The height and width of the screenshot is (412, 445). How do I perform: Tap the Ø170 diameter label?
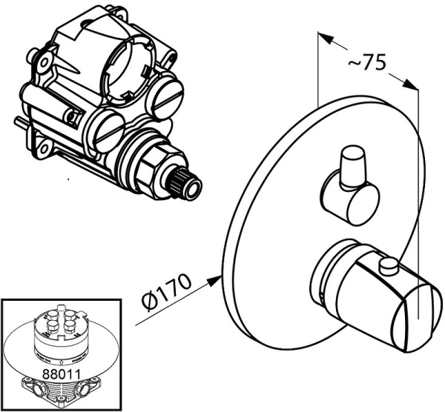pos(166,292)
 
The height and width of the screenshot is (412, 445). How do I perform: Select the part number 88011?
pos(62,374)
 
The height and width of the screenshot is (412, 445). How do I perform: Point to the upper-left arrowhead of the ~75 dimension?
pos(326,38)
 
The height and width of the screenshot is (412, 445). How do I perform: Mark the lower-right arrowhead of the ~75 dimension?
pos(411,84)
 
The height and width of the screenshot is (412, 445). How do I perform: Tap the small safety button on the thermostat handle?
pos(389,266)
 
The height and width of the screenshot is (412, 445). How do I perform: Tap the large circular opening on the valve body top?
pos(129,67)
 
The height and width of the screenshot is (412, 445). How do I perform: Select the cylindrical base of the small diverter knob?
pos(349,199)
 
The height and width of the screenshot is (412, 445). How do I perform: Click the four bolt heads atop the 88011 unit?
pos(61,320)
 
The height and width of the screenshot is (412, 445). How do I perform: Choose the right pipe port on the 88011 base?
pos(84,388)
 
